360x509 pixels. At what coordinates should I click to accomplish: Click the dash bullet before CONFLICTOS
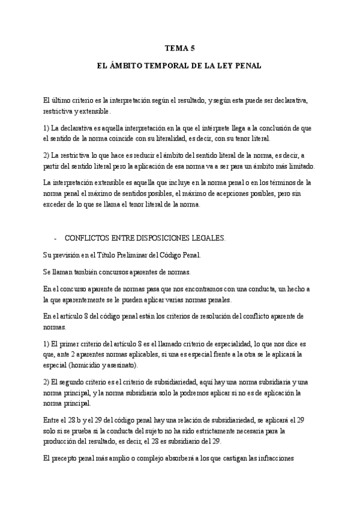tap(56, 238)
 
